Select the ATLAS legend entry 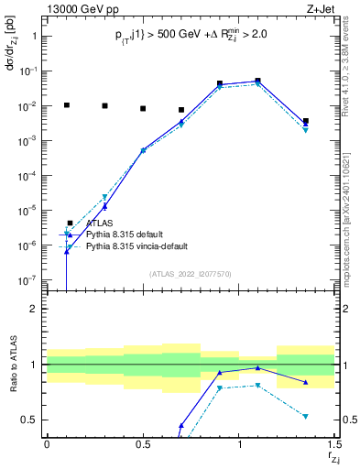point(100,223)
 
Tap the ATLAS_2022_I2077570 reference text point(191,274)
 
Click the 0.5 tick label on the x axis point(143,444)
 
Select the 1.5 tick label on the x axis point(333,444)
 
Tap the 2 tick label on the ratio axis point(34,309)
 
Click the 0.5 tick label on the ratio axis point(29,420)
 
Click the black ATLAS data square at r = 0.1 point(66,105)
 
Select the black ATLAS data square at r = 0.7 point(181,110)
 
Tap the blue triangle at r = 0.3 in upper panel point(104,207)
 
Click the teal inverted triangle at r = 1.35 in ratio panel point(306,416)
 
